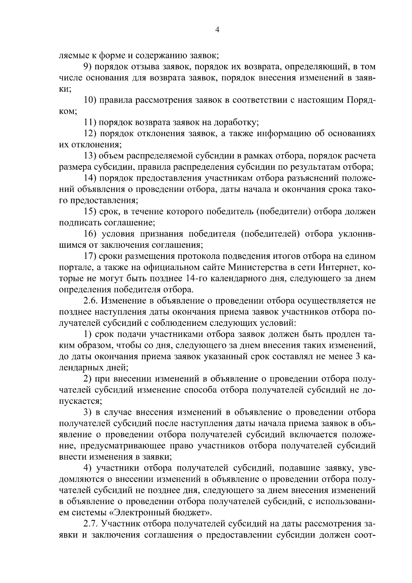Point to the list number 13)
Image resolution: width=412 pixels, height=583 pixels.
(91, 156)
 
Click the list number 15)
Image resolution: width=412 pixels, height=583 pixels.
(91, 212)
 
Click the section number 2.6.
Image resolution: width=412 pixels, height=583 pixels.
(92, 301)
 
